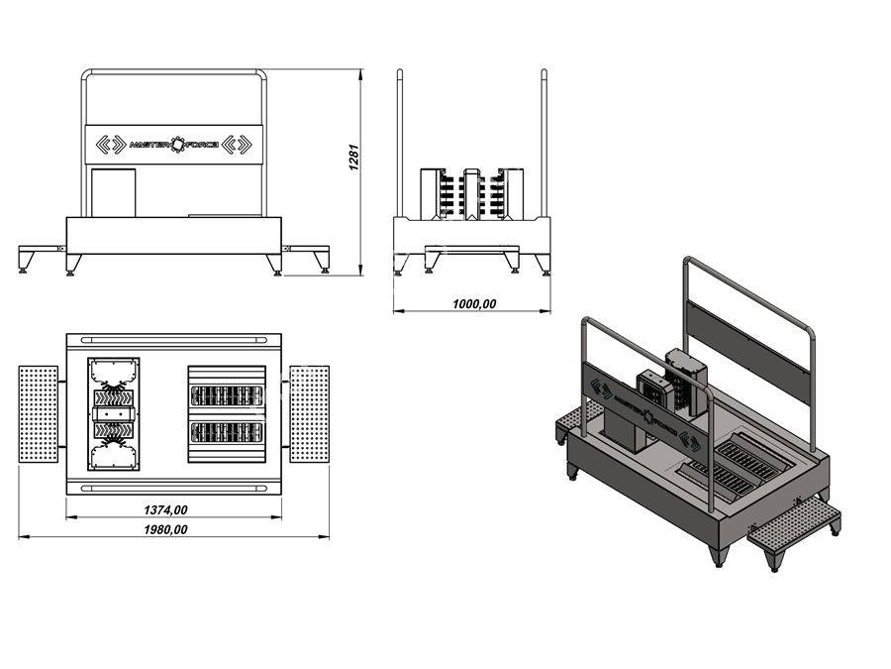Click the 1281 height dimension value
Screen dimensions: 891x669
353,158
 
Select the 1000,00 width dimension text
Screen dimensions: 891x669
474,304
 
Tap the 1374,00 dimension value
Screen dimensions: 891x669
165,509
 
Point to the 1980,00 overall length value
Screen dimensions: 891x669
165,529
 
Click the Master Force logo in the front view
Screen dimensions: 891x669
174,145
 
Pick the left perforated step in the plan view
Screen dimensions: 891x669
38,414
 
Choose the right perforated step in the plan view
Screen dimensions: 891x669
310,414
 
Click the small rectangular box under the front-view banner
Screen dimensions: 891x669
114,192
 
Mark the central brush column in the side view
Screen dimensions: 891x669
471,194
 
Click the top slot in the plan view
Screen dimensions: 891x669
174,340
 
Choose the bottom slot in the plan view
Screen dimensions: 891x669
174,488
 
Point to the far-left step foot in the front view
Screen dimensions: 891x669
25,264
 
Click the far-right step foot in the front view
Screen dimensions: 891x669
324,264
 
